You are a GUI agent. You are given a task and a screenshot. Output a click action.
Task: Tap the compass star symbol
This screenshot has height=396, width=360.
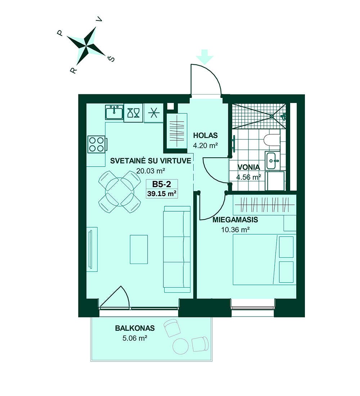(86, 46)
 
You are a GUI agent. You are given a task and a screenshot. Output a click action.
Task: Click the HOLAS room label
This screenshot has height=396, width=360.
(206, 135)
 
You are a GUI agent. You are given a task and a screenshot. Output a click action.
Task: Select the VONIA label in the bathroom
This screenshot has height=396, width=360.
(249, 167)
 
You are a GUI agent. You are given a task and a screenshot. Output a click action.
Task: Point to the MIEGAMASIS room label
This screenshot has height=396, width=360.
(235, 220)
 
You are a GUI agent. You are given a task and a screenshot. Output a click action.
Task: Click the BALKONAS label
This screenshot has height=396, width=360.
(135, 328)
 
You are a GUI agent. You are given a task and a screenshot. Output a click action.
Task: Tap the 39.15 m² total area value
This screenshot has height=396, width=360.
(162, 194)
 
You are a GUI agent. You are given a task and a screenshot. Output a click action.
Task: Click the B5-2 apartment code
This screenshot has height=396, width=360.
(162, 184)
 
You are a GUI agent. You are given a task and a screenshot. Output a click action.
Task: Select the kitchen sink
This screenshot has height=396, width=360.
(114, 112)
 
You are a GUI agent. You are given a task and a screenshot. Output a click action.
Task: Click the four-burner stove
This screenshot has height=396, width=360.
(96, 144)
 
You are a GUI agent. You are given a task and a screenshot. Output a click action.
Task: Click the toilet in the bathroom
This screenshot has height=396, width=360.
(271, 140)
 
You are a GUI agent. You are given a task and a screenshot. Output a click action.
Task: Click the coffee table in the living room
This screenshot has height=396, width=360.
(139, 249)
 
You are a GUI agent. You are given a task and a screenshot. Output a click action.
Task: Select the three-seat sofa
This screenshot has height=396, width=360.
(177, 249)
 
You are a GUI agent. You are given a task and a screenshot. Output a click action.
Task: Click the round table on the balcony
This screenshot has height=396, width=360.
(180, 346)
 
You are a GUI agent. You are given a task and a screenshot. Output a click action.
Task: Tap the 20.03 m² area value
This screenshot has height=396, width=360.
(151, 171)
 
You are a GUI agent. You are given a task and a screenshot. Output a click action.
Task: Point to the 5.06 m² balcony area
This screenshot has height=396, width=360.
(135, 338)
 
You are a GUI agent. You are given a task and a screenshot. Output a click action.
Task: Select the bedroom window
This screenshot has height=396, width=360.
(253, 307)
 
